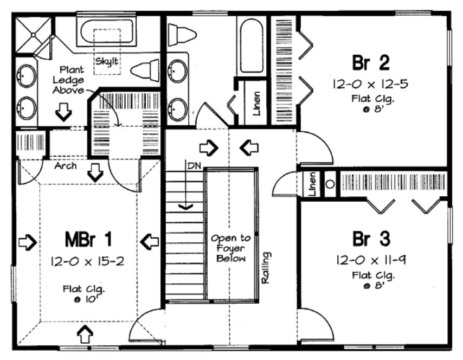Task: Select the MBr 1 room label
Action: point(88,239)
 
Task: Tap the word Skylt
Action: point(107,60)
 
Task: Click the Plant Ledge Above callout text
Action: point(70,80)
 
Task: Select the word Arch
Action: point(65,166)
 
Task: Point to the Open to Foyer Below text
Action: point(231,248)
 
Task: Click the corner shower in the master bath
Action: point(33,36)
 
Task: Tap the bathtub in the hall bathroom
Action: point(250,46)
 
